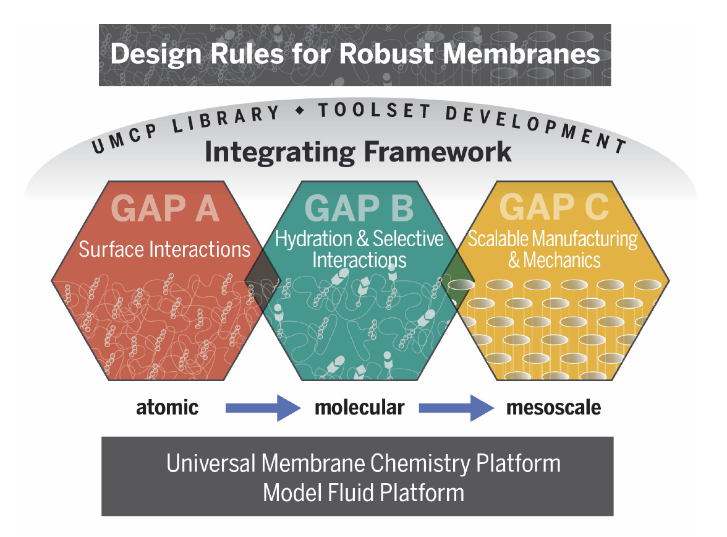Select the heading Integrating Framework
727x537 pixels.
(x=358, y=152)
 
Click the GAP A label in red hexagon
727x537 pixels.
(x=165, y=208)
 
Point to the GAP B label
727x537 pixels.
(x=359, y=208)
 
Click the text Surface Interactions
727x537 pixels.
(x=164, y=249)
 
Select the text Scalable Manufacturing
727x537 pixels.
(x=553, y=239)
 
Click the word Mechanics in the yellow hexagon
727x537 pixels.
(x=562, y=260)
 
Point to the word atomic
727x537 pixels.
(x=167, y=408)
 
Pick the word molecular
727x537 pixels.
(x=359, y=408)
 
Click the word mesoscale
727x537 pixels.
(x=553, y=408)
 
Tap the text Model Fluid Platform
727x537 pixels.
(x=363, y=493)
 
